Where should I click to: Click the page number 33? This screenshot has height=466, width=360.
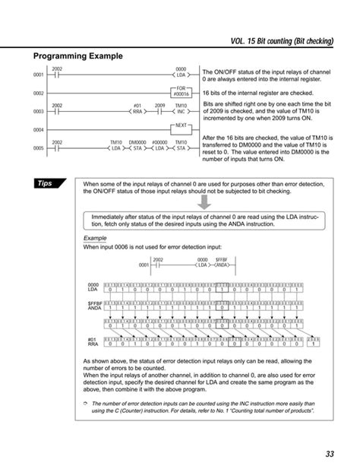[x=330, y=453]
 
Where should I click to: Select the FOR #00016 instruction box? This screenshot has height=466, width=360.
[x=182, y=93]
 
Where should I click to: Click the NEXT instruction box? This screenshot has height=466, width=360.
[x=181, y=126]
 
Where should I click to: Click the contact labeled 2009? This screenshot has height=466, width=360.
[x=159, y=109]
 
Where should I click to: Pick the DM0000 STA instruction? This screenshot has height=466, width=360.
[x=137, y=145]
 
